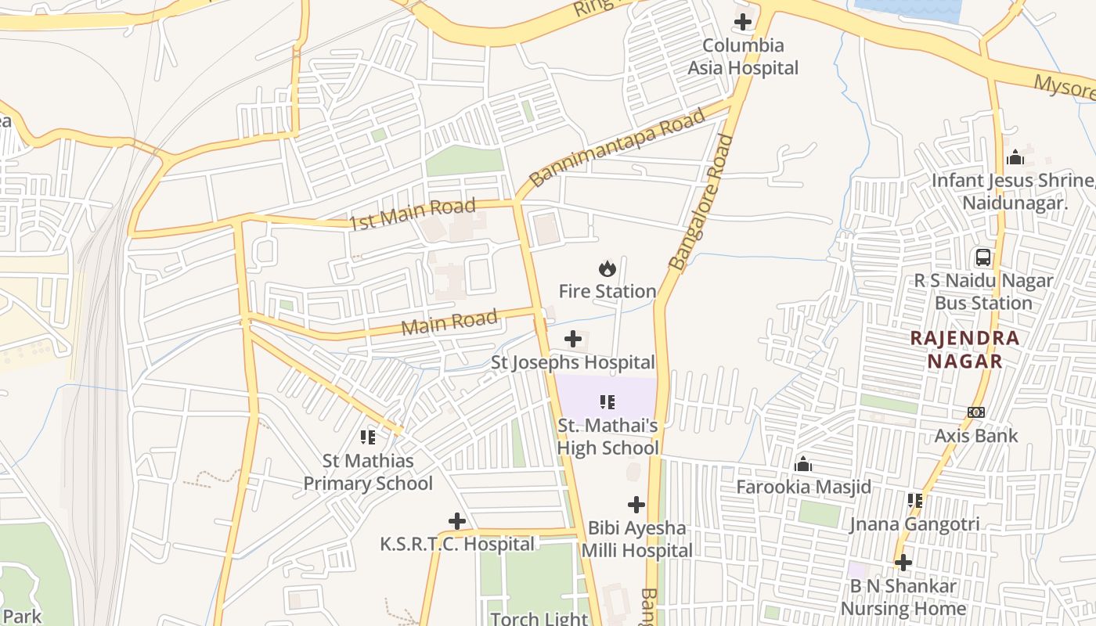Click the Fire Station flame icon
(607, 269)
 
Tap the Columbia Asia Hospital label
(743, 57)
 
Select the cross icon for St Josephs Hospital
(573, 339)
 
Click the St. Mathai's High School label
(607, 437)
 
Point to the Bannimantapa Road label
(617, 149)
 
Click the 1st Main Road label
(413, 214)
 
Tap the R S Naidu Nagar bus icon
(982, 257)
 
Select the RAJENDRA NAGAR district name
(964, 350)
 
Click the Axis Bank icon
(976, 412)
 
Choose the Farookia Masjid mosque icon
(803, 465)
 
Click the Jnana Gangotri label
(914, 524)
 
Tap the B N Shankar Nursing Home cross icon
(903, 563)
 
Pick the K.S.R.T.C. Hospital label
(457, 544)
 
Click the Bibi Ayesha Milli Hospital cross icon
(636, 505)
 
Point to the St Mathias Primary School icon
(368, 437)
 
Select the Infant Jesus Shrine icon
(1015, 158)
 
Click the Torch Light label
(539, 618)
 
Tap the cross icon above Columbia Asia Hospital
(743, 22)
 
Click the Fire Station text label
(607, 292)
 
